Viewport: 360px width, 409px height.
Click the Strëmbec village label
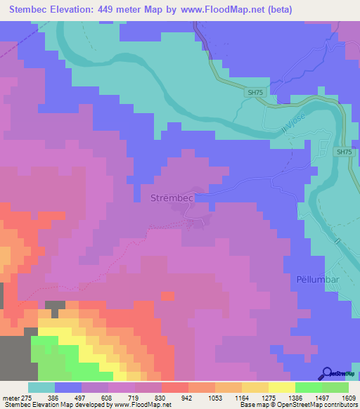(172, 199)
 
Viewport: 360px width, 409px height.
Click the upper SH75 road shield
(255, 92)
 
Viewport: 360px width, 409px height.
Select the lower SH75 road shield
(343, 152)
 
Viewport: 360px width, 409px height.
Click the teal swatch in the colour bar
(41, 387)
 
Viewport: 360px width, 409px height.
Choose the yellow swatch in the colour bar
(281, 387)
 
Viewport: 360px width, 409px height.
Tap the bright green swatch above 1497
(308, 387)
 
